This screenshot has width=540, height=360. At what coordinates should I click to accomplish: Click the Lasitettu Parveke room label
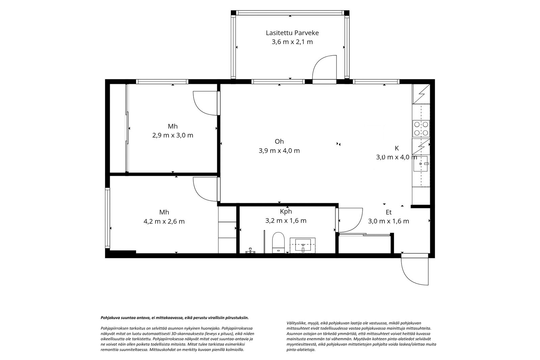coord(292,33)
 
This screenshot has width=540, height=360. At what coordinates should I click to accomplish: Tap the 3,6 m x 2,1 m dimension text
coord(292,42)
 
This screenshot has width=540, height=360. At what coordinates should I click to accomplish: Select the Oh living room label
coord(279,142)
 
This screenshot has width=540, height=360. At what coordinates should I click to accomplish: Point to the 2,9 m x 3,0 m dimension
coord(172,135)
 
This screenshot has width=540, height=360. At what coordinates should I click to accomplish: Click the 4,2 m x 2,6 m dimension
coord(164,222)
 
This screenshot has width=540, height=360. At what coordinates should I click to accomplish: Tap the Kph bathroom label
coord(286,212)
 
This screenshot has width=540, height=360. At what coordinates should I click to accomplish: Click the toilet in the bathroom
coord(278,242)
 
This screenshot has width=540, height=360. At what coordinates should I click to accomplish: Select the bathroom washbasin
coord(302,246)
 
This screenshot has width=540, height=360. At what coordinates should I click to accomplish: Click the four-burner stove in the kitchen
coord(421,129)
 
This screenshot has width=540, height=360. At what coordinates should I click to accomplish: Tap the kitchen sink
coord(421,164)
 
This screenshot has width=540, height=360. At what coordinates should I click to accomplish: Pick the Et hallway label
coord(388,212)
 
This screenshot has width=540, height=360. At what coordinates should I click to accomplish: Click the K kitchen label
coord(397,148)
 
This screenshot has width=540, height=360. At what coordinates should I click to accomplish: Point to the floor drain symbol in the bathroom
coord(250,251)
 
